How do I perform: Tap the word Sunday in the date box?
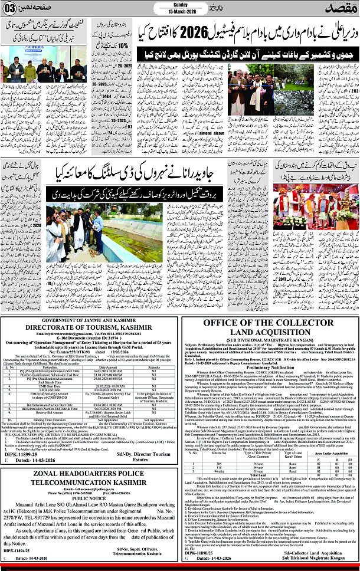pyautogui.click(x=179, y=5)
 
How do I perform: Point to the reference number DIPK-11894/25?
pyautogui.click(x=19, y=552)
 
